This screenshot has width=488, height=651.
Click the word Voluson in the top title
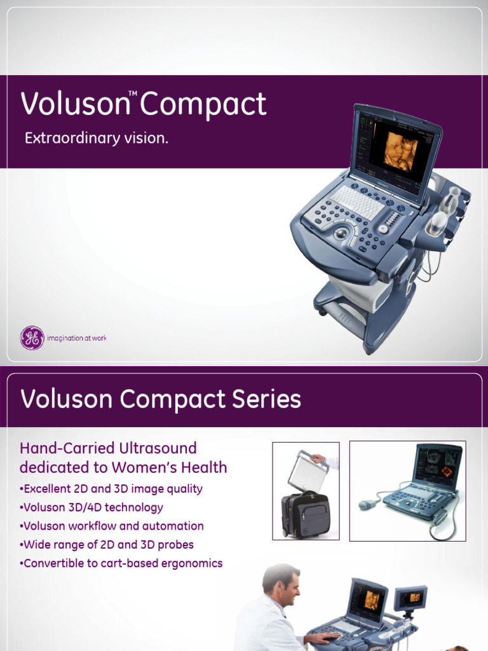(x=74, y=105)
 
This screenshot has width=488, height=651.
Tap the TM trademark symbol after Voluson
(x=133, y=93)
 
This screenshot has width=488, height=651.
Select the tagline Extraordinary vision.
(x=97, y=138)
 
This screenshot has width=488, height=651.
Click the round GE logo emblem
(x=32, y=338)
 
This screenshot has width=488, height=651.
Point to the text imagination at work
(x=77, y=338)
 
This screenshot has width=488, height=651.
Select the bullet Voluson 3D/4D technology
(x=91, y=507)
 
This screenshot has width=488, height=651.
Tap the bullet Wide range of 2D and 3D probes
(x=107, y=545)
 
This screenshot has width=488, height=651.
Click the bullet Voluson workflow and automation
(x=112, y=526)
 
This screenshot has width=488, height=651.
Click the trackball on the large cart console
(x=341, y=234)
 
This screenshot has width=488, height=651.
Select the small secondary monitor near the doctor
(x=410, y=598)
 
